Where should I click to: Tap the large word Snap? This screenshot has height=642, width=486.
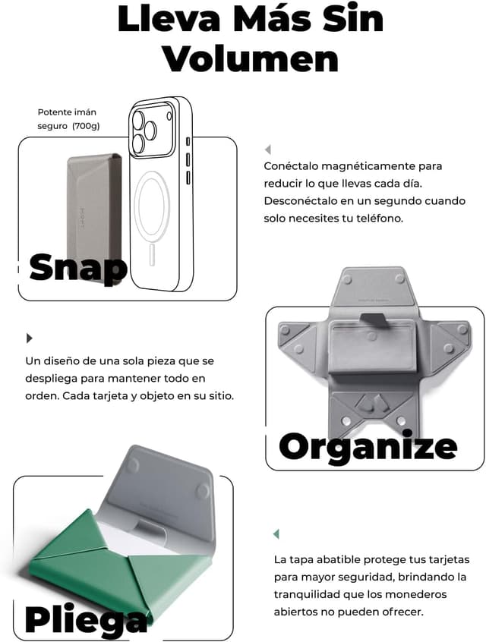pyautogui.click(x=78, y=268)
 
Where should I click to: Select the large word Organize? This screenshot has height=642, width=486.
pyautogui.click(x=368, y=447)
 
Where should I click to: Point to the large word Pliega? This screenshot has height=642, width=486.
pyautogui.click(x=86, y=618)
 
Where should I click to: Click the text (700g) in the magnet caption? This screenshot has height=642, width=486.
pyautogui.click(x=86, y=126)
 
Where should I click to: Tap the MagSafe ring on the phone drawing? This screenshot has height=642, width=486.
pyautogui.click(x=152, y=203)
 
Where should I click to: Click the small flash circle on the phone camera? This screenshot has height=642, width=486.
pyautogui.click(x=169, y=116)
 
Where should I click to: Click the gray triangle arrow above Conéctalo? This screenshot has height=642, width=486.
pyautogui.click(x=268, y=149)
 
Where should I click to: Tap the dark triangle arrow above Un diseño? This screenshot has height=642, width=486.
pyautogui.click(x=29, y=338)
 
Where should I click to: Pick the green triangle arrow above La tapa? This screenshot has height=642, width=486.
pyautogui.click(x=276, y=534)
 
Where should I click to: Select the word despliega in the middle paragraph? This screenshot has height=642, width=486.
pyautogui.click(x=51, y=379)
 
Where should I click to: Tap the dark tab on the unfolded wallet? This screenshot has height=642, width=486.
pyautogui.click(x=374, y=319)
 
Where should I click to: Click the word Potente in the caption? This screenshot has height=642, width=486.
pyautogui.click(x=53, y=112)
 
